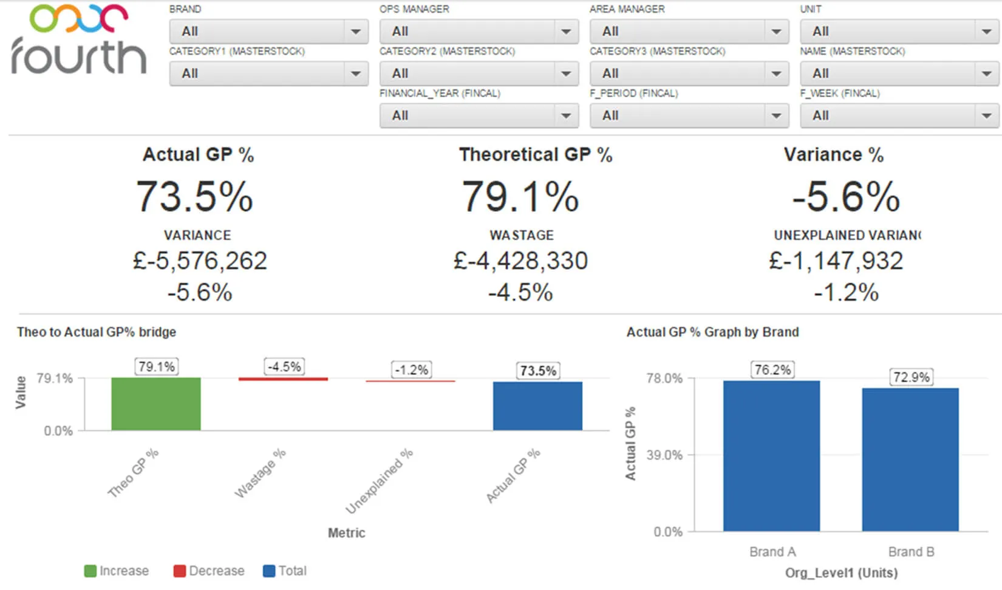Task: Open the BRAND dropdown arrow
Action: pos(355,32)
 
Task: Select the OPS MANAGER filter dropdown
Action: pos(479,32)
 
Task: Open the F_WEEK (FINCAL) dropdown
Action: pos(899,115)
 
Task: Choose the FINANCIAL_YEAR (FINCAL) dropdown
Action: pos(479,115)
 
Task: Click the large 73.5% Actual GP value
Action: pos(194,197)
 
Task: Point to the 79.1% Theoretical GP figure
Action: pos(520,197)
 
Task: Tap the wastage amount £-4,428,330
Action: pos(520,261)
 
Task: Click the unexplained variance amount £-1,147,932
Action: pos(836,261)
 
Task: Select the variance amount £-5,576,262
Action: pos(200,261)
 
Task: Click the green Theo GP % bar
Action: pos(156,404)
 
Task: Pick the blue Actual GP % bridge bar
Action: pos(537,406)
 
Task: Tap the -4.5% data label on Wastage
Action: pos(284,367)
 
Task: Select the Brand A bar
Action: pos(771,456)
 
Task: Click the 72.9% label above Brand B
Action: pos(911,377)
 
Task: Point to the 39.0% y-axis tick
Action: pos(664,455)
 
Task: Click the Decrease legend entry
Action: pos(210,571)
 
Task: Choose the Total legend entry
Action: pos(285,571)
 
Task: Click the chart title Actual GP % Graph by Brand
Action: pos(712,332)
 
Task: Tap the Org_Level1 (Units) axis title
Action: pos(841,573)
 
